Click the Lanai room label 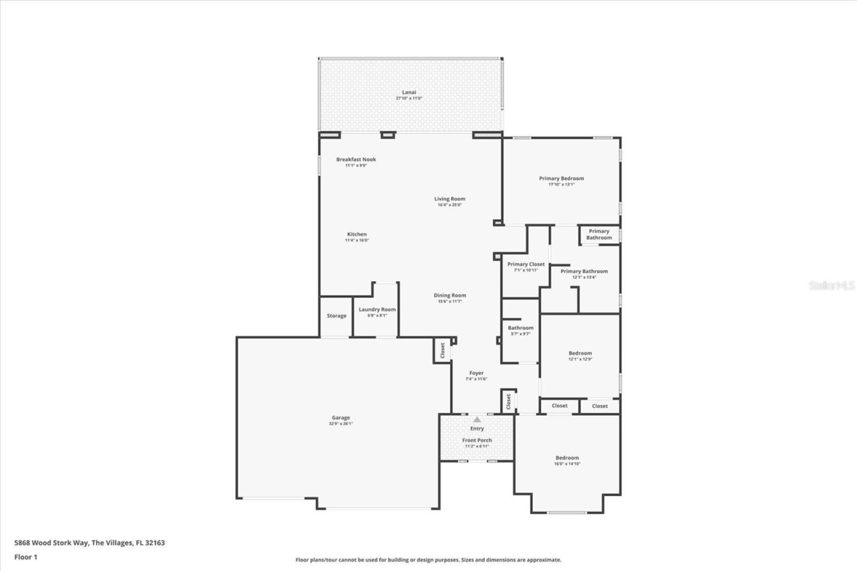[409, 92]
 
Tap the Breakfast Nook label [356, 159]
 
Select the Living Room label [449, 199]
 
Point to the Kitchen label [356, 234]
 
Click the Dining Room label [449, 295]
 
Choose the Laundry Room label [377, 309]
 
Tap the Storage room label [336, 316]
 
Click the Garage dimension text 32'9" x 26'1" [341, 424]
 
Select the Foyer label [476, 373]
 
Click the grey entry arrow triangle [477, 419]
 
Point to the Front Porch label [477, 440]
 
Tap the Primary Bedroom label [561, 179]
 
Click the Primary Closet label [526, 264]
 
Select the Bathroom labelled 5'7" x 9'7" [520, 327]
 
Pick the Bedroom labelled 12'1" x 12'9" [580, 353]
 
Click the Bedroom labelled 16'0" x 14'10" [566, 458]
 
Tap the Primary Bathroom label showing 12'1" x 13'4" [584, 271]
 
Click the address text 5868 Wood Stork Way [52, 543]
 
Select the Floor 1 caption [25, 556]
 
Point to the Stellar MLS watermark [832, 285]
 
